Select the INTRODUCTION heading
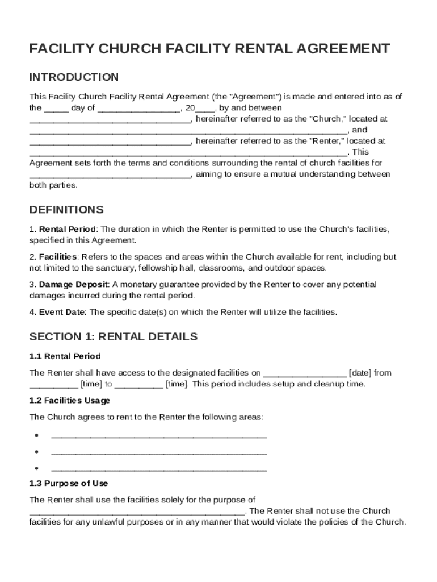click(x=74, y=77)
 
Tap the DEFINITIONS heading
click(x=66, y=210)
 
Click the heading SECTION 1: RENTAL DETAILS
click(x=114, y=336)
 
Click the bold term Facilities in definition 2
click(x=57, y=257)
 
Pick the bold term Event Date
click(x=62, y=312)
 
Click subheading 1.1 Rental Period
click(x=65, y=356)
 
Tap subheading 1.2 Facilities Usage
click(x=70, y=400)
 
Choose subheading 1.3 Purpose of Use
click(x=69, y=483)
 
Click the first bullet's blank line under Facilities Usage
click(x=159, y=436)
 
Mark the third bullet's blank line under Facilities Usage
click(x=159, y=470)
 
